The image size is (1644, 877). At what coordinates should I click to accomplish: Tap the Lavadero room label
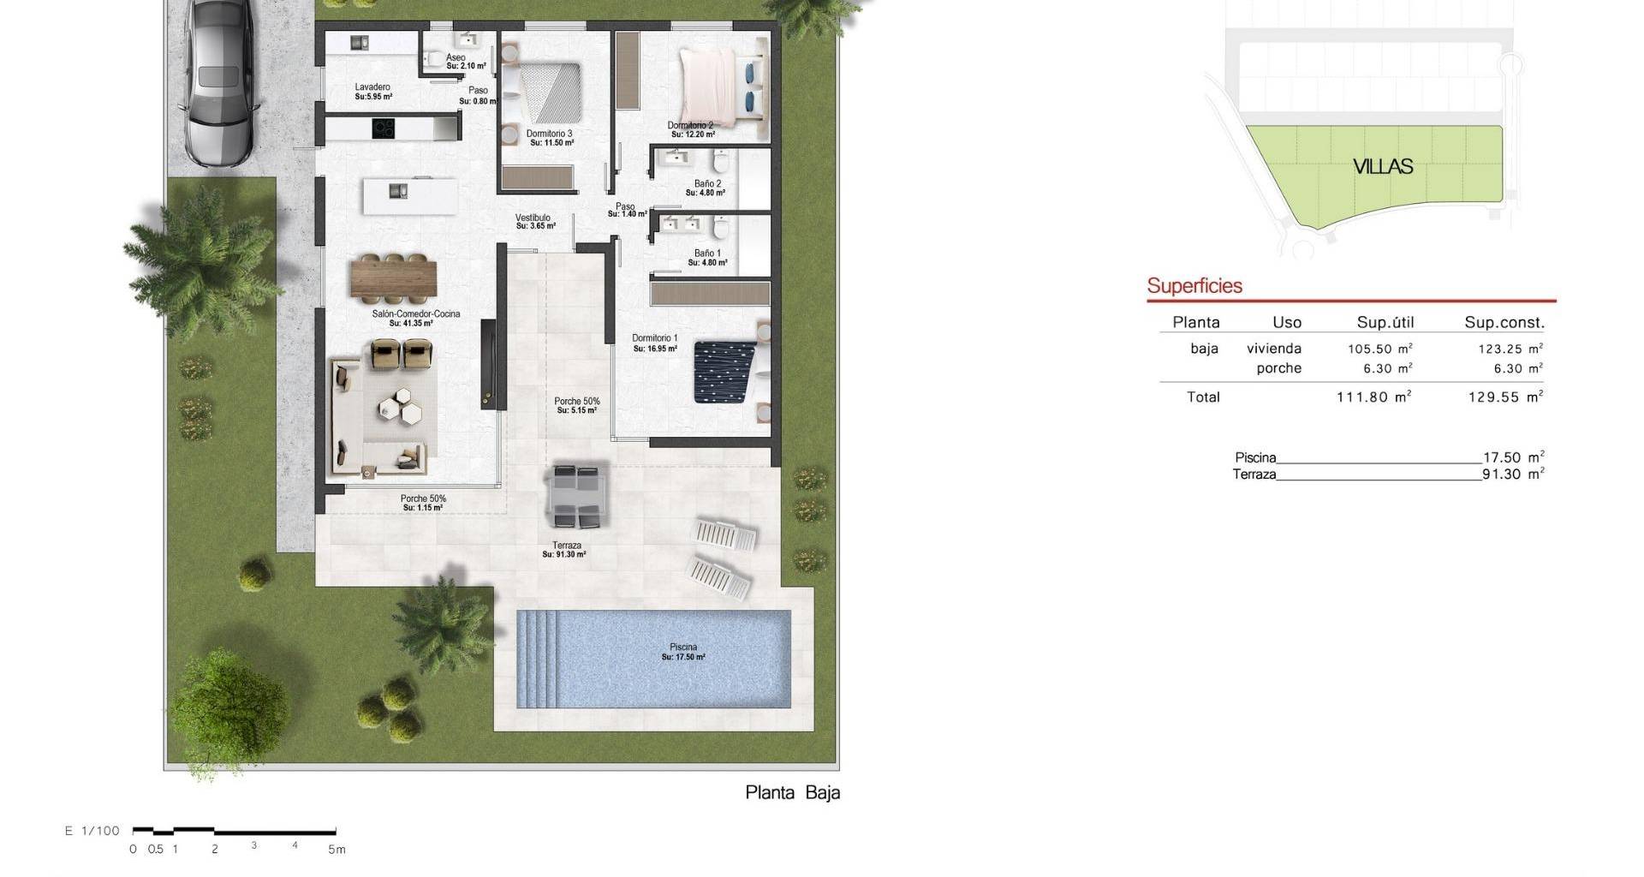point(372,87)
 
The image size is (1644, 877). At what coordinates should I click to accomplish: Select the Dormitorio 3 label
point(550,134)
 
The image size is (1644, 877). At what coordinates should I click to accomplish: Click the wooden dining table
point(394,279)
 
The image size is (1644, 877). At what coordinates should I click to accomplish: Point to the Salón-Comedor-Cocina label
point(416,313)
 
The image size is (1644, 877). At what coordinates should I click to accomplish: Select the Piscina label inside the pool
point(683,647)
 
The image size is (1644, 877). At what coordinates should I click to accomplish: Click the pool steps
point(537,659)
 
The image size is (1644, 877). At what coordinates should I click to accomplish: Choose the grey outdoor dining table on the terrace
point(578,495)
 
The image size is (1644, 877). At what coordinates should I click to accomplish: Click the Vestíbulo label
point(533,218)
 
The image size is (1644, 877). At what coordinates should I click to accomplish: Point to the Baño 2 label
point(707,183)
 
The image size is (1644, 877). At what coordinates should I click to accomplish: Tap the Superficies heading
point(1194,286)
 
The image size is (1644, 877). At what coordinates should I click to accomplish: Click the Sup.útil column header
point(1385,323)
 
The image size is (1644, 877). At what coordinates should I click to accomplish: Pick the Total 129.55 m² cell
point(1505,397)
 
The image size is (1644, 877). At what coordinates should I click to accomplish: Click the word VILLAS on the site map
point(1383,166)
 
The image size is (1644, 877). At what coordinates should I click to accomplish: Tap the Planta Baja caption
point(793,792)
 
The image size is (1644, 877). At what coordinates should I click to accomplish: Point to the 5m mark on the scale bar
point(337,850)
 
